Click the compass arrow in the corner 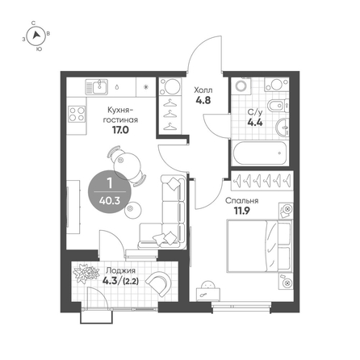click(36, 36)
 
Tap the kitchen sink click(97, 86)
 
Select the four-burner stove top click(77, 114)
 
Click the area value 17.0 click(120, 130)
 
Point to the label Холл click(203, 90)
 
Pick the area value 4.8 click(203, 100)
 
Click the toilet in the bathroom click(278, 106)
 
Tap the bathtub click(260, 153)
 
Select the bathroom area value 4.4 click(255, 123)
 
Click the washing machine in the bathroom click(241, 86)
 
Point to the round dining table click(128, 166)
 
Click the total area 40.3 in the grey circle click(110, 200)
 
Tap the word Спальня click(242, 201)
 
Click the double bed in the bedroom click(260, 246)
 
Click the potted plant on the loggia click(84, 274)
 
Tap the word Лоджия click(120, 270)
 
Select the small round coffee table click(133, 211)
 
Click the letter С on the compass click(33, 23)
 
